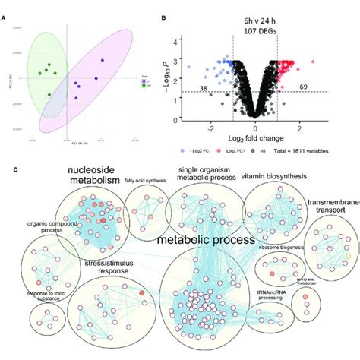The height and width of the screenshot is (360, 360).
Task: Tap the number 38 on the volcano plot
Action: click(x=204, y=88)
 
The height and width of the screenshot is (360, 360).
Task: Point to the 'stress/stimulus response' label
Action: click(x=99, y=268)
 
